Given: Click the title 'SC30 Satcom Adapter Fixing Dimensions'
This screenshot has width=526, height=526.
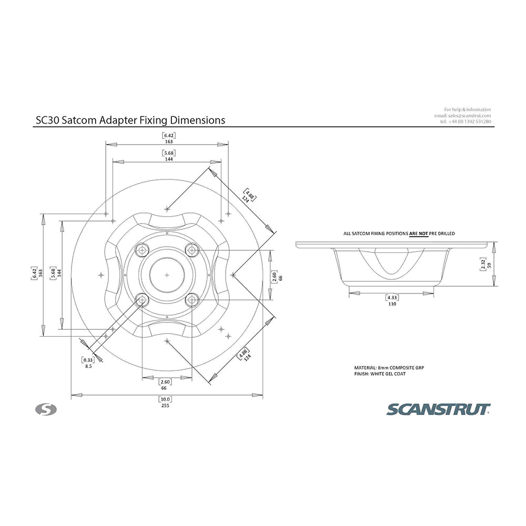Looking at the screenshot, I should [x=130, y=120].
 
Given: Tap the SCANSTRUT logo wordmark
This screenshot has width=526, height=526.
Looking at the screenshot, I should [x=439, y=409].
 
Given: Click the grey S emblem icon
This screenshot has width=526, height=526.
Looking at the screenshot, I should [x=46, y=409].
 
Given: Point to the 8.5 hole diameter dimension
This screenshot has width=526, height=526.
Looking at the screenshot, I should [x=88, y=366].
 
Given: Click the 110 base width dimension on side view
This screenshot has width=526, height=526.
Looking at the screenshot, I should [x=391, y=304].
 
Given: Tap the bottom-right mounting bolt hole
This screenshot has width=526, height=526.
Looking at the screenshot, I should [x=192, y=300].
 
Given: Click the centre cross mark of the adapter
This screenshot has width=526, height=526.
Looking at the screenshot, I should [x=167, y=275].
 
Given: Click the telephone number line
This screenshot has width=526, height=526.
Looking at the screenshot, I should [x=466, y=122].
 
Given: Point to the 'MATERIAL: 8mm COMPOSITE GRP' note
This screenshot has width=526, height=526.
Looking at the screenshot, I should [x=389, y=368].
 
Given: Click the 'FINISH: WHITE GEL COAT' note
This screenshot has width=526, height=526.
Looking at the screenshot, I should [x=380, y=373].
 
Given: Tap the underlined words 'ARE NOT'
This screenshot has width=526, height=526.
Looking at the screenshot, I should [x=419, y=233].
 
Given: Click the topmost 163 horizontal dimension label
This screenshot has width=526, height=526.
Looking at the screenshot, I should [x=168, y=141].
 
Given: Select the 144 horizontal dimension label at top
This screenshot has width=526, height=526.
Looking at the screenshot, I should [x=168, y=158].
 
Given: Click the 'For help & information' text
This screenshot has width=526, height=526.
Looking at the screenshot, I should [x=467, y=109].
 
